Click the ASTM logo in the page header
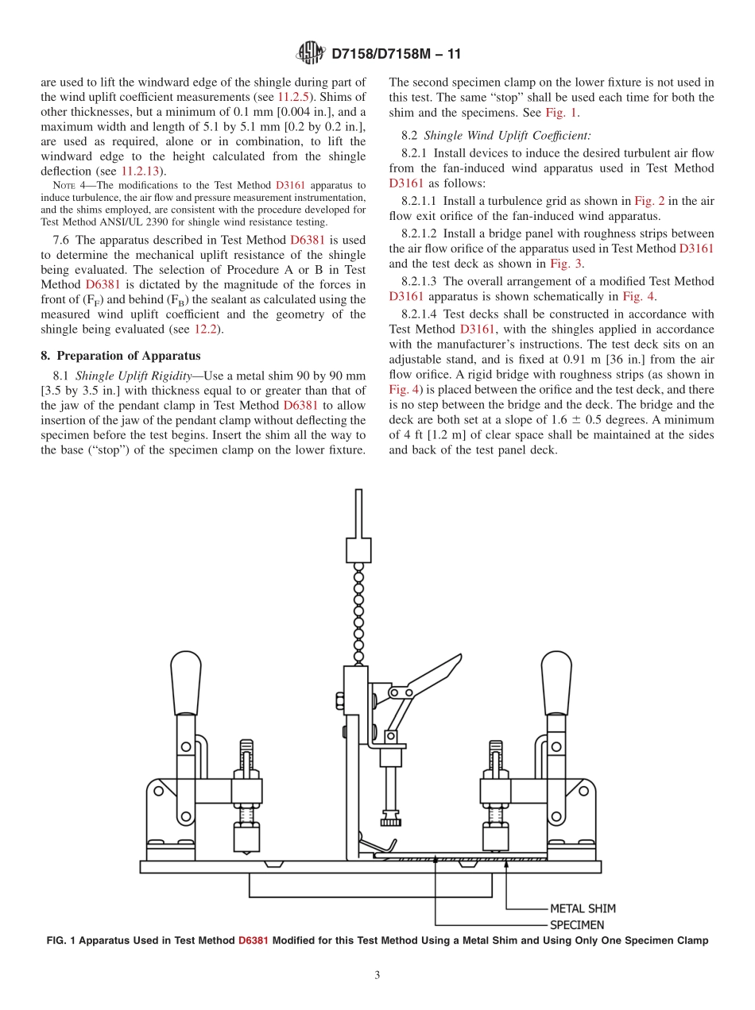309,54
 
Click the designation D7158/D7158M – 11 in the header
395,54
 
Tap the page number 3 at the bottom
377,975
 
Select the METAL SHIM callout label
583,908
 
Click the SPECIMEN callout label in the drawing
578,925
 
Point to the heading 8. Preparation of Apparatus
121,356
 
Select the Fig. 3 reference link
566,264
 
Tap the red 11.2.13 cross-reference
139,171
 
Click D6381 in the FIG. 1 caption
253,941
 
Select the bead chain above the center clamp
358,611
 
